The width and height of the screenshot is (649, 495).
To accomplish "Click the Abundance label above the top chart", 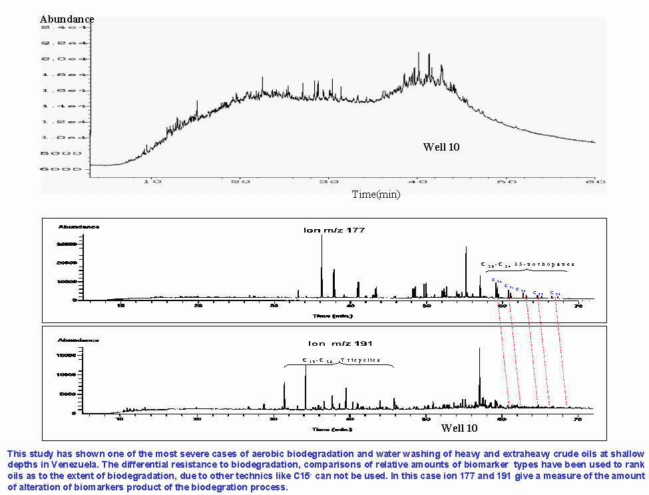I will [67, 19].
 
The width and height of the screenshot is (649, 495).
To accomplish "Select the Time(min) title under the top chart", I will [379, 195].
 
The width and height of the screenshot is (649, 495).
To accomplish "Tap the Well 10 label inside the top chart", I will [441, 147].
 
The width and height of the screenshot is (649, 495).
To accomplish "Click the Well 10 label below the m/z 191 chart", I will [459, 428].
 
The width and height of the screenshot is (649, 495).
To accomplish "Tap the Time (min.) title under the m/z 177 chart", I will [328, 314].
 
